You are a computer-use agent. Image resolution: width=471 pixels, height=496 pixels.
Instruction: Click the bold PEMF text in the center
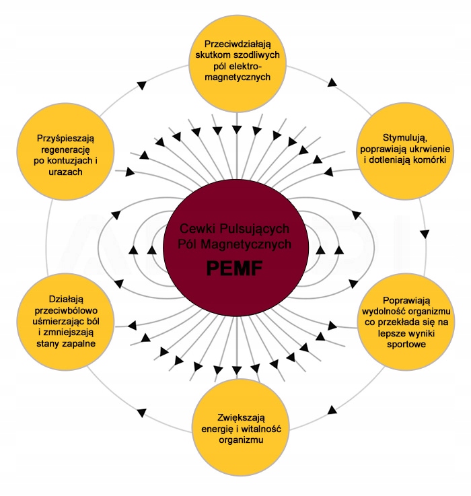234,271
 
